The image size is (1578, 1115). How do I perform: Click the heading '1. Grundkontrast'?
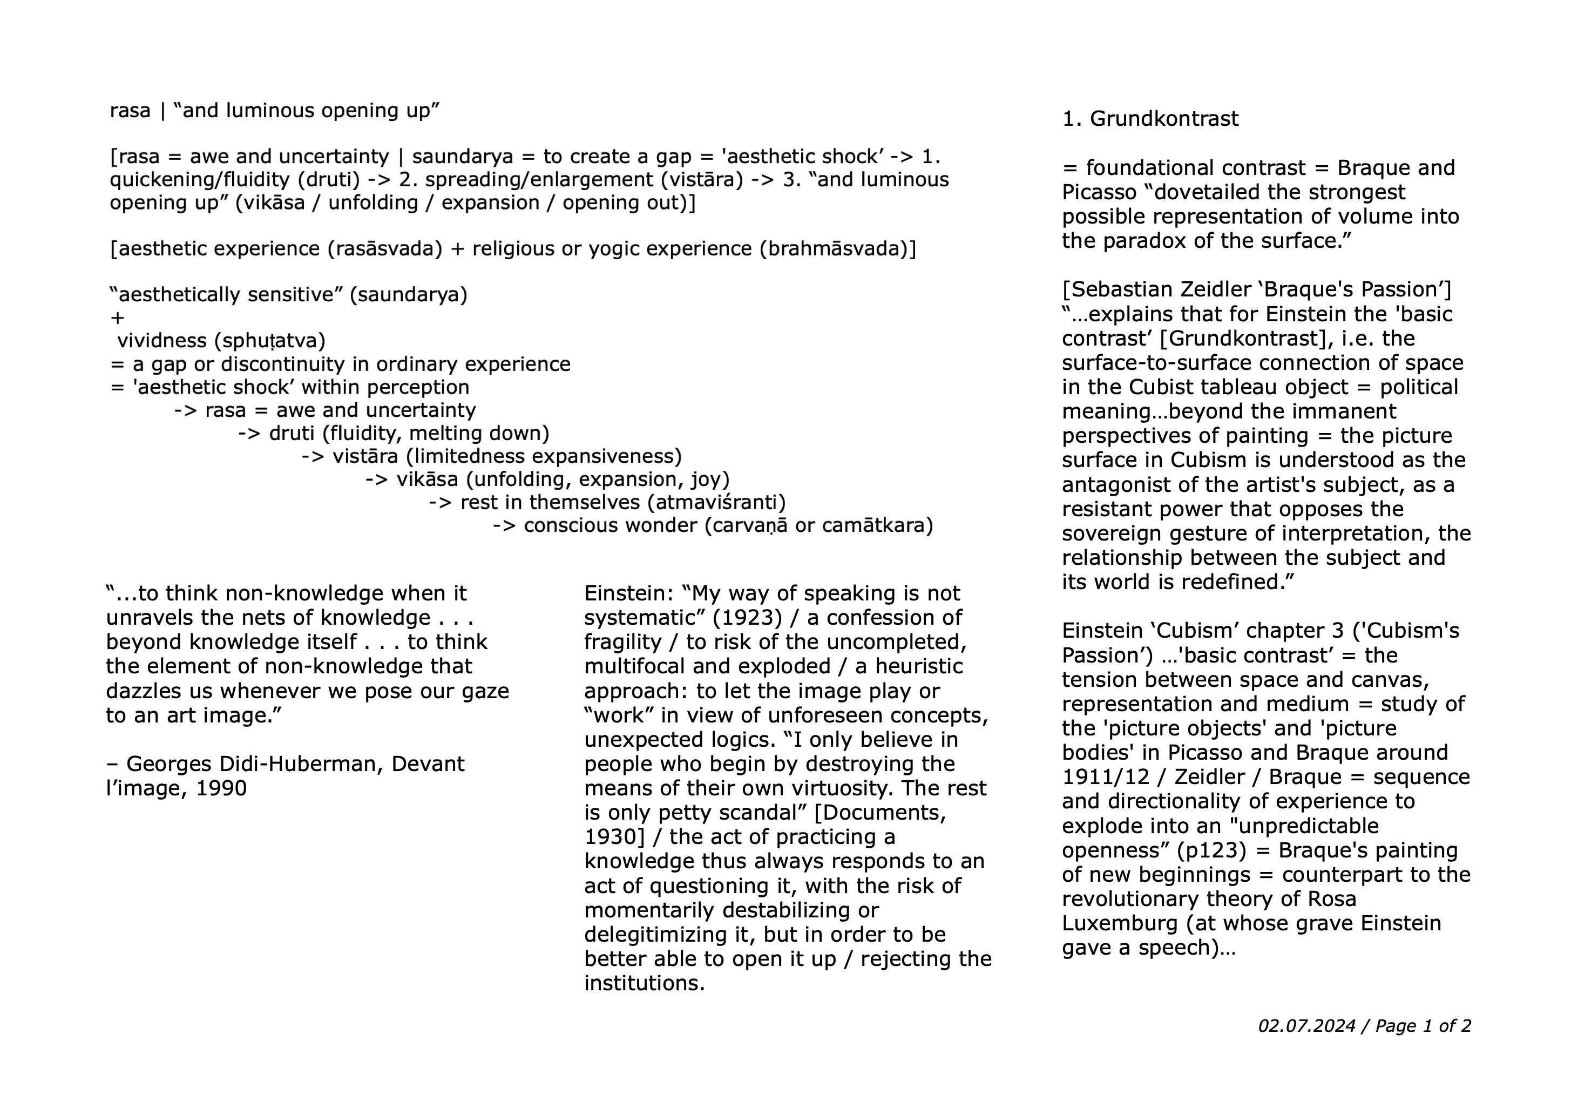click(x=1150, y=119)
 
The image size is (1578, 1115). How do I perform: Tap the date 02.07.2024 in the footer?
click(x=1306, y=1026)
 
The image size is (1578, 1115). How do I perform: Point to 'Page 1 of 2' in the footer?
click(x=1423, y=1026)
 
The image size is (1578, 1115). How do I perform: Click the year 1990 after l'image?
click(x=221, y=788)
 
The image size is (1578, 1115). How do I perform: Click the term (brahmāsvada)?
click(x=838, y=249)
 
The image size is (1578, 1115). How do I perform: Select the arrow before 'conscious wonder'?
click(x=504, y=526)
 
